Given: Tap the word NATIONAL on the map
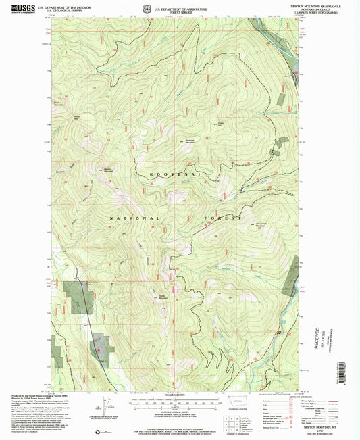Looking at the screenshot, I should [134, 218].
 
